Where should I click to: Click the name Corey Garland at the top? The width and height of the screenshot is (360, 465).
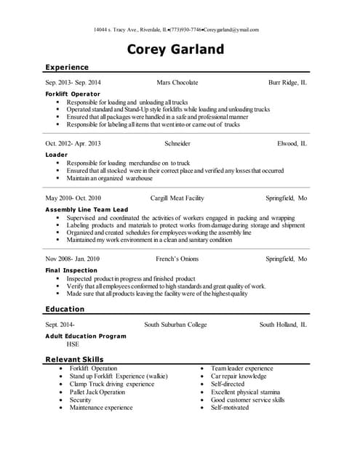(x=175, y=50)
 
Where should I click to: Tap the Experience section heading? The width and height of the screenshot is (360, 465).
(x=67, y=67)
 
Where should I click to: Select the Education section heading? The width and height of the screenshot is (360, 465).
(x=65, y=309)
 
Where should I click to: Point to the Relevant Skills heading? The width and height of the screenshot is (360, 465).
(x=74, y=360)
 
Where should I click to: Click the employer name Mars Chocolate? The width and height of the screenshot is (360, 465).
(x=177, y=83)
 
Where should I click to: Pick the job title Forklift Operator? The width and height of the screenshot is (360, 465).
(x=73, y=94)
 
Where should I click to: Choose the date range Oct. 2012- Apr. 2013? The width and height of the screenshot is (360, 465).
(x=73, y=144)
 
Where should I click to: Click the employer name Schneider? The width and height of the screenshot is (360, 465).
(x=177, y=144)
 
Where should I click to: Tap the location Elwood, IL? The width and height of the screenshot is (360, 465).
(x=292, y=144)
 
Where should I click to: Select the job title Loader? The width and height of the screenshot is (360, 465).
(x=56, y=155)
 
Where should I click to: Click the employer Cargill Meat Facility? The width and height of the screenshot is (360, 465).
(x=177, y=198)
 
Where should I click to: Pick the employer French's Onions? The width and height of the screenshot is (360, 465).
(x=177, y=259)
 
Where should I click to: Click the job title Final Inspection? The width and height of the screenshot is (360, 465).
(x=71, y=270)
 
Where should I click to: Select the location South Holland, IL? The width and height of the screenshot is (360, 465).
(x=283, y=325)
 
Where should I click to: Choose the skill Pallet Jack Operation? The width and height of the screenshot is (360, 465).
(x=97, y=392)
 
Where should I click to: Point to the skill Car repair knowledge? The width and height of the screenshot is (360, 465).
(x=239, y=376)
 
